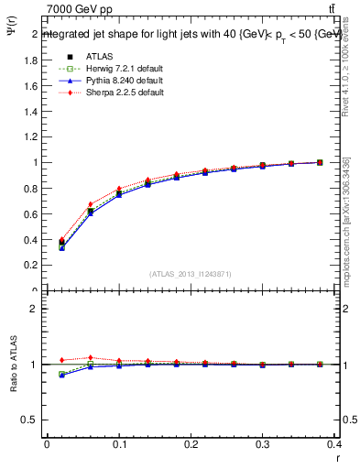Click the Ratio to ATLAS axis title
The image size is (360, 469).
coord(14,365)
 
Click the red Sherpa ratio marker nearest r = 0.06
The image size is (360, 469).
coord(90,358)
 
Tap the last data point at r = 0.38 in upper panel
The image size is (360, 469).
coord(320,162)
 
